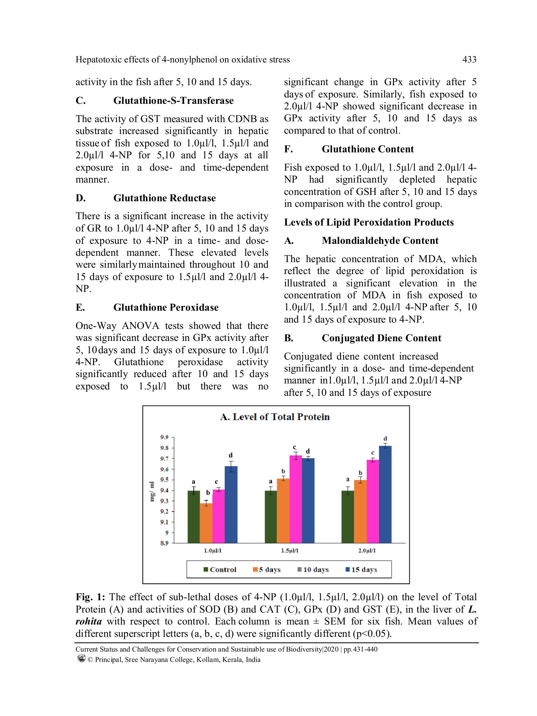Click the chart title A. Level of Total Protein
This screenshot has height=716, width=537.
pos(275,417)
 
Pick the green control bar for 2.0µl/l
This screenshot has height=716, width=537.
pos(348,517)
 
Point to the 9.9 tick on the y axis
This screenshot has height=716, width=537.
pos(164,437)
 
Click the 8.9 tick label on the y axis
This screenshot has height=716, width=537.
pos(164,543)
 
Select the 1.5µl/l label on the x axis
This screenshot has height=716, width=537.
pos(290,551)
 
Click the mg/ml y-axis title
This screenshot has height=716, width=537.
pos(152,491)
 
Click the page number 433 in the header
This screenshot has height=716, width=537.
pos(469,60)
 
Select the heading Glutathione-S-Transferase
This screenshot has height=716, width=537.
pos(173,101)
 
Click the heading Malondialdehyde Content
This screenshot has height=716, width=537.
pos(380,241)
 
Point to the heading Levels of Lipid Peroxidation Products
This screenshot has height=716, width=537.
pos(369,222)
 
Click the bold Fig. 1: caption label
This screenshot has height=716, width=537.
pos(90,597)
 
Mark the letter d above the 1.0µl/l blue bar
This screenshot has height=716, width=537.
pos(231,455)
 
